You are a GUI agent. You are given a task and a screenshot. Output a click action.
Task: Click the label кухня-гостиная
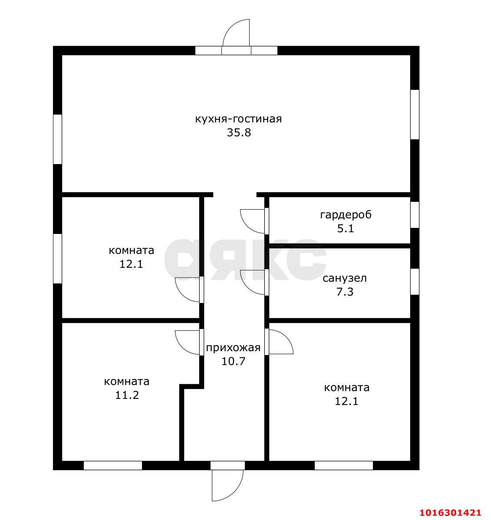[238, 119]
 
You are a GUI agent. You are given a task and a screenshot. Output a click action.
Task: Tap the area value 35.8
[239, 133]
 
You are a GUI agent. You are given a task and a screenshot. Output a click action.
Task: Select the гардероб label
[346, 215]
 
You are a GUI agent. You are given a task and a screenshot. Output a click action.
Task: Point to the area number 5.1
[346, 228]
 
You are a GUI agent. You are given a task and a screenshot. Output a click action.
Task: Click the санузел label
[345, 278]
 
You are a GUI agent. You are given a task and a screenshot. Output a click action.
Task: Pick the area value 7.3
[345, 292]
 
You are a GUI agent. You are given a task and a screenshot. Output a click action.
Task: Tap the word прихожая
[233, 348]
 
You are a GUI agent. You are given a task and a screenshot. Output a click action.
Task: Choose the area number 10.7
[233, 361]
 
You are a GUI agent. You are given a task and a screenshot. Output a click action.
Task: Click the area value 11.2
[127, 395]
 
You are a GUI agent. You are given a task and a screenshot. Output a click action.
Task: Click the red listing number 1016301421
[450, 513]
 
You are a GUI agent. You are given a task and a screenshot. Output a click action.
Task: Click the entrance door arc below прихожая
[236, 490]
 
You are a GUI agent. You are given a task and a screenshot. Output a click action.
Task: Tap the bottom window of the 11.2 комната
[113, 465]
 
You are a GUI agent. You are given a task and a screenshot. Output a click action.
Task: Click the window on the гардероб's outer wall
[415, 214]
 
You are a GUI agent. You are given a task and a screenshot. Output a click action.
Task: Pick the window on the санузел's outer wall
[415, 282]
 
